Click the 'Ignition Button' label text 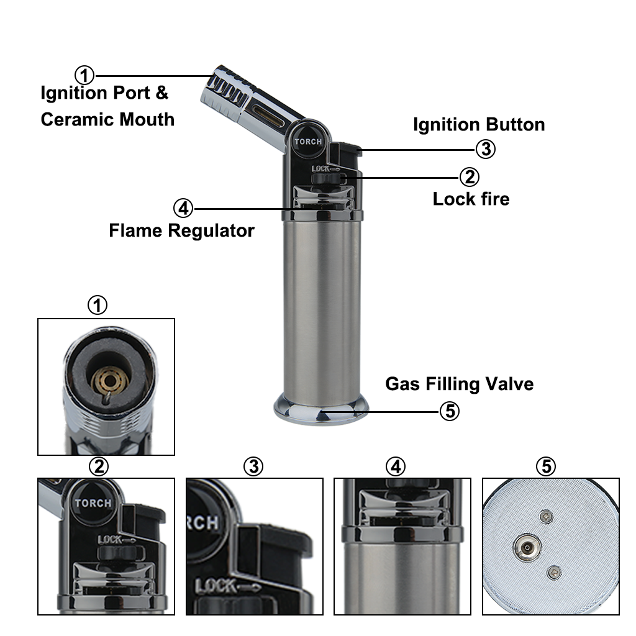[479, 124]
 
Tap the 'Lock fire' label [471, 199]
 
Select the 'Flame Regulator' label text [182, 230]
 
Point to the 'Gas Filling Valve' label [459, 384]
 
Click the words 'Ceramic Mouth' [107, 119]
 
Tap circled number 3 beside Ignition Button [486, 149]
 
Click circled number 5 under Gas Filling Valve [450, 411]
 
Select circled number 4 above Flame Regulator [183, 208]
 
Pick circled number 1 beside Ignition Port [84, 75]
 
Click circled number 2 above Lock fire [470, 177]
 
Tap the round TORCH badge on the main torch [308, 142]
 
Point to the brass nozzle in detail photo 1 [109, 381]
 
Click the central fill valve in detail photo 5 [527, 548]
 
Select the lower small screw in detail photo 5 [553, 573]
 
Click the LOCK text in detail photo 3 [216, 586]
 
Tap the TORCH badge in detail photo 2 [93, 503]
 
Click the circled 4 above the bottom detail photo [396, 466]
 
